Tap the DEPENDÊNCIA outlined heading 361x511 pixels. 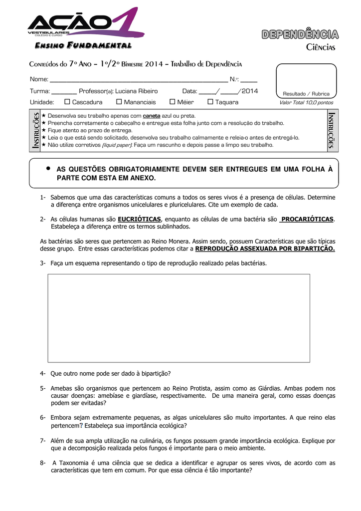point(300,34)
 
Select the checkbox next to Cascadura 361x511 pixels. point(67,102)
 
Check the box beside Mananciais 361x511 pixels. point(119,102)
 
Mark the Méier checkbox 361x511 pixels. point(173,102)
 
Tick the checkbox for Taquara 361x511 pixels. point(210,102)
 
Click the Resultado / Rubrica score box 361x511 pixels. point(306,80)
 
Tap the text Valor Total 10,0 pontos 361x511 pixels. point(306,102)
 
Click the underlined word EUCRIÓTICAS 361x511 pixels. point(139,219)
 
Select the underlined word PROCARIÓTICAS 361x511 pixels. point(308,219)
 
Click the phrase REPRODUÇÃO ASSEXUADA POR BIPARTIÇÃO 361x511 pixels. point(265,248)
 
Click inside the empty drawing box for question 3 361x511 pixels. point(179,317)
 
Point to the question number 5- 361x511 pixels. point(43,388)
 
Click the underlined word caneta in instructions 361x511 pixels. point(151,116)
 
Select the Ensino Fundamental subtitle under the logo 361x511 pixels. point(83,46)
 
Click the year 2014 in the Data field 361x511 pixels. point(250,91)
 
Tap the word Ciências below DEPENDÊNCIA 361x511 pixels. point(320,47)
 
